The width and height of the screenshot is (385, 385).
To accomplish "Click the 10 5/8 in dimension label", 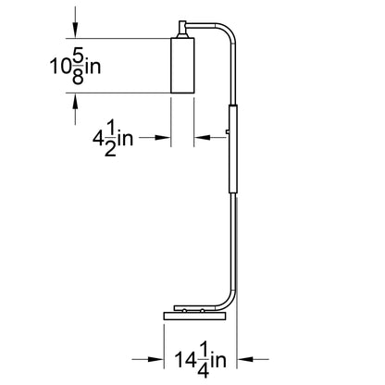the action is (75, 66).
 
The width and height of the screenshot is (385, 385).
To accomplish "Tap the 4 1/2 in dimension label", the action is (113, 139).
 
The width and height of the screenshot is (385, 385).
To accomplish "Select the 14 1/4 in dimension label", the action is (200, 360).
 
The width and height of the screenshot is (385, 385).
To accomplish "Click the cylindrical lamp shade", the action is (182, 65).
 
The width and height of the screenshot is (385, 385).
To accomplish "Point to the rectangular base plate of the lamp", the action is (195, 317).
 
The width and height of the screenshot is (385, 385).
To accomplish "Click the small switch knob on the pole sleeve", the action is (228, 131).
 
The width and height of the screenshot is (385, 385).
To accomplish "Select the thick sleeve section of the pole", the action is (233, 149).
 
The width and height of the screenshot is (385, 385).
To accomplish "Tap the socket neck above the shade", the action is (182, 30).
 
